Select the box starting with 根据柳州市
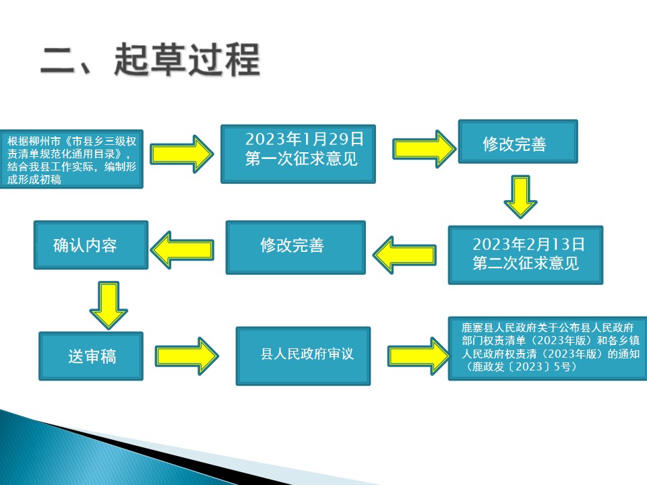pyautogui.click(x=71, y=159)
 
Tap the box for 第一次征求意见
pyautogui.click(x=299, y=154)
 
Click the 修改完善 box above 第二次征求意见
pyautogui.click(x=518, y=141)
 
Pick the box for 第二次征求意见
pyautogui.click(x=526, y=255)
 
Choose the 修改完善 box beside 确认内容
pyautogui.click(x=295, y=247)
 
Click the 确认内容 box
pyautogui.click(x=91, y=245)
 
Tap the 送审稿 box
pyautogui.click(x=91, y=356)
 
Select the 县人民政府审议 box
pyautogui.click(x=303, y=356)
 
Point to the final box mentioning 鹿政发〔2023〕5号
pyautogui.click(x=547, y=348)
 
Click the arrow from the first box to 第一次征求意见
pyautogui.click(x=181, y=154)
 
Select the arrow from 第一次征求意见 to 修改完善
pyautogui.click(x=425, y=149)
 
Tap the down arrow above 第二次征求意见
pyautogui.click(x=520, y=197)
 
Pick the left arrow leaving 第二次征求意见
pyautogui.click(x=404, y=255)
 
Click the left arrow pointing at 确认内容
pyautogui.click(x=182, y=250)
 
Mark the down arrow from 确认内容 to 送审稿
pyautogui.click(x=109, y=305)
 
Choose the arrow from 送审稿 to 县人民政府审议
pyautogui.click(x=187, y=356)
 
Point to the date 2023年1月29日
pyautogui.click(x=305, y=139)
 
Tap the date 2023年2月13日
pyautogui.click(x=528, y=244)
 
